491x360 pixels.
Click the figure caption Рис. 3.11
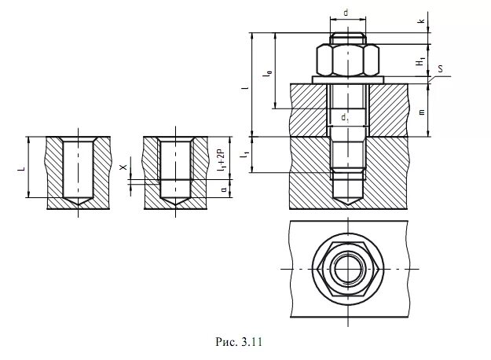tap(239, 341)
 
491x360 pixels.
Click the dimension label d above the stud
tap(346, 13)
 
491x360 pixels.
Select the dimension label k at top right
tap(422, 21)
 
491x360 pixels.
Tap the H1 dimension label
tap(420, 61)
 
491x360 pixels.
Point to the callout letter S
tap(440, 68)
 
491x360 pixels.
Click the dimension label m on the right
tap(422, 112)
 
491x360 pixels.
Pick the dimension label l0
tap(269, 74)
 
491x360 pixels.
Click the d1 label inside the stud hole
tap(345, 118)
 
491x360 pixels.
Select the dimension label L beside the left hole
tap(21, 169)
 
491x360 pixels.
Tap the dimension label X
tap(124, 167)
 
